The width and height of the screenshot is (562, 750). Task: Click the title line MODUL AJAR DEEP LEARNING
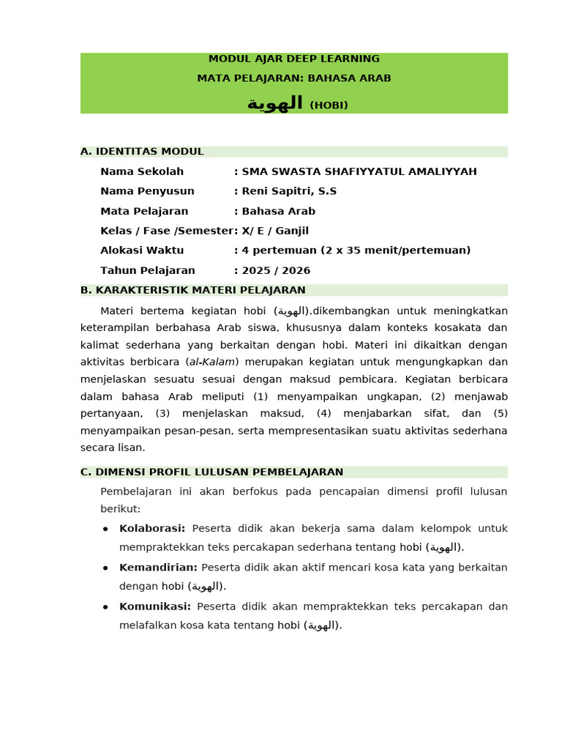coord(293,59)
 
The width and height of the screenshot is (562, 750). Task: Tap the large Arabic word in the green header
coord(275,104)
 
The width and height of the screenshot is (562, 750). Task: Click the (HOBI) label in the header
coord(329,105)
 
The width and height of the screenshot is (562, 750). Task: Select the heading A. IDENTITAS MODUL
coord(142,152)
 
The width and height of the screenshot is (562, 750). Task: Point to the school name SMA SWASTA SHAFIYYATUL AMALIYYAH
coord(359,171)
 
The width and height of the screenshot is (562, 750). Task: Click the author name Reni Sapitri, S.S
coord(289,191)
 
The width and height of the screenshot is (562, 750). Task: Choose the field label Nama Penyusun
coord(147,191)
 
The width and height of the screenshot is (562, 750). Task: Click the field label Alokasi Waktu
coord(142,250)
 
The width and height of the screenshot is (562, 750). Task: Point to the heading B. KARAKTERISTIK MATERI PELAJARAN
coord(193,290)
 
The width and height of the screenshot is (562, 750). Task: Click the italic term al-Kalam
coord(213,362)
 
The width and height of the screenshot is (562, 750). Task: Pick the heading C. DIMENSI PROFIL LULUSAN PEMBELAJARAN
coord(211,472)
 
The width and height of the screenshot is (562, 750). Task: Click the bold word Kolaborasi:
coord(152,529)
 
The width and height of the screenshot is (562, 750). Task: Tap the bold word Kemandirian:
coord(158,568)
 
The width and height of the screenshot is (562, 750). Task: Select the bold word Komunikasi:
coord(155,606)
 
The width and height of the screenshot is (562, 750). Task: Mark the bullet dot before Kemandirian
coord(105,568)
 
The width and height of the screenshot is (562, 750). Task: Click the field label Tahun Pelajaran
coord(148,270)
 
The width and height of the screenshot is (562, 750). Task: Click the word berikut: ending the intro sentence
coord(120,508)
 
